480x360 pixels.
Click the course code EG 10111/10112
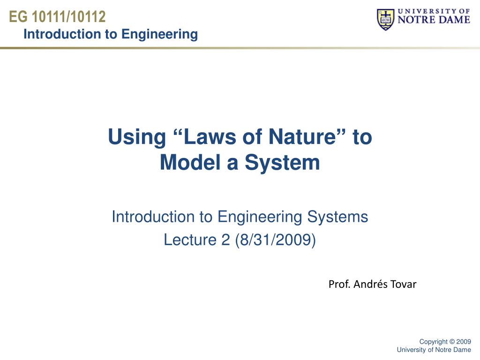tap(57, 16)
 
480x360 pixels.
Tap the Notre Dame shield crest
tap(385, 20)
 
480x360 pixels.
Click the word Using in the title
tap(137, 137)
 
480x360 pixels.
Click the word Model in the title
tap(190, 162)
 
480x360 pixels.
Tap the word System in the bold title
tap(282, 163)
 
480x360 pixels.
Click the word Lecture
tap(189, 240)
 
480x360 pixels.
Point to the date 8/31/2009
tap(276, 240)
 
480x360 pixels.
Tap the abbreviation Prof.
tap(339, 285)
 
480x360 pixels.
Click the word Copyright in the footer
tap(434, 342)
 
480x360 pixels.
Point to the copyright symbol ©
tap(452, 342)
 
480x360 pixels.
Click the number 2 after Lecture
tap(225, 240)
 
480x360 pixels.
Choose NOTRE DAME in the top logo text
tap(434, 20)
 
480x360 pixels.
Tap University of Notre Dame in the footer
tap(434, 350)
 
